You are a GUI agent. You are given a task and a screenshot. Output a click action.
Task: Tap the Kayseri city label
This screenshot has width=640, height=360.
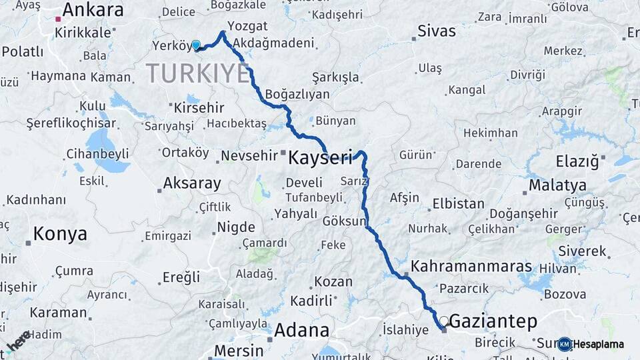pyautogui.click(x=319, y=158)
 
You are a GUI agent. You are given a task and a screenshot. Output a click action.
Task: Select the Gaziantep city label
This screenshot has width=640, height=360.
pyautogui.click(x=493, y=321)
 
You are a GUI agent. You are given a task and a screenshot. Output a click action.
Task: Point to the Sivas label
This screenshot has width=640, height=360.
pyautogui.click(x=436, y=31)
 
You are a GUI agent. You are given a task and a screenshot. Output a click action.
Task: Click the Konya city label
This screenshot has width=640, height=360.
pyautogui.click(x=60, y=234)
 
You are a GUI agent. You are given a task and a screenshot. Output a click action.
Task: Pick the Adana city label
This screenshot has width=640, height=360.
pyautogui.click(x=301, y=331)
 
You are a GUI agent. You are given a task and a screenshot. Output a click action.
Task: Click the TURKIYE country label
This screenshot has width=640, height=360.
pyautogui.click(x=197, y=73)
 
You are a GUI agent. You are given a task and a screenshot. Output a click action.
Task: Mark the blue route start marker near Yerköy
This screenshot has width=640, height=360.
pyautogui.click(x=196, y=45)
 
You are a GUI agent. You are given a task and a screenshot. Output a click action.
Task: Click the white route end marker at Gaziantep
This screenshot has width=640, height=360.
pyautogui.click(x=443, y=321)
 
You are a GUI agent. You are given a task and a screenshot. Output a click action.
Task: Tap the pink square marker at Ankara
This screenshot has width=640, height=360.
pyautogui.click(x=58, y=19)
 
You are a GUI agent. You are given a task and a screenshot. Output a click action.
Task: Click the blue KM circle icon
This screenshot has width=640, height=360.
pyautogui.click(x=565, y=345)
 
